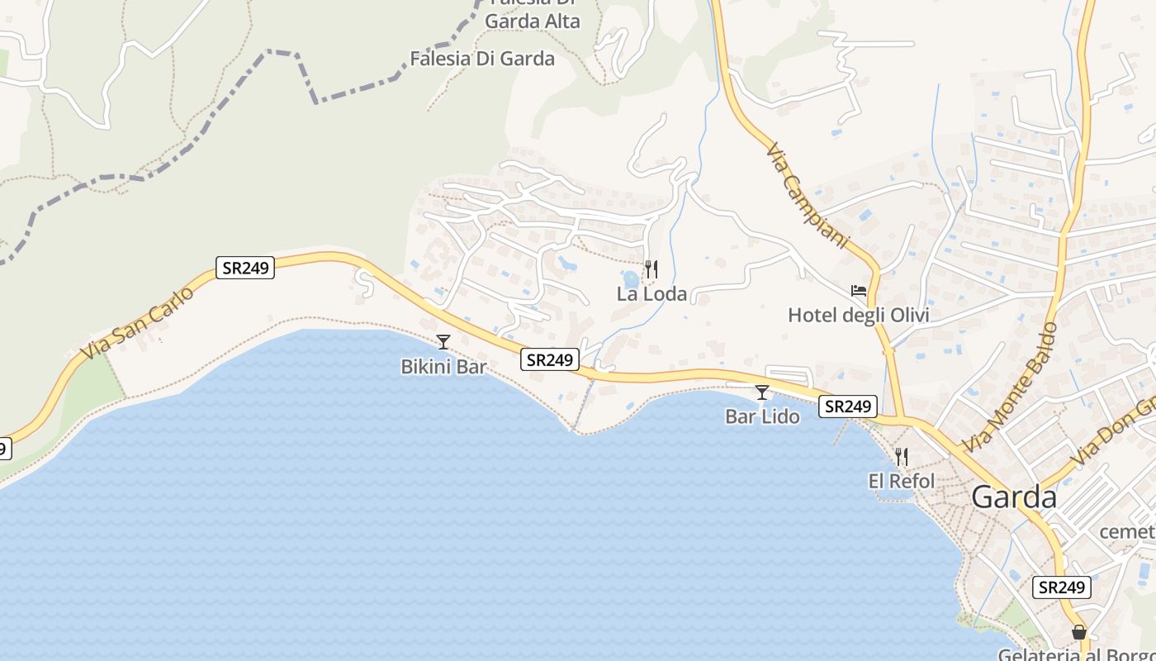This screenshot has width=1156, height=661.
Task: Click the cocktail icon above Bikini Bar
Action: coord(443,341)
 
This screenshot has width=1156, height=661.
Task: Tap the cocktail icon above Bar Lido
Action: coord(762,392)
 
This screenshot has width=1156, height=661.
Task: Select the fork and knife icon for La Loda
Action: coord(651,269)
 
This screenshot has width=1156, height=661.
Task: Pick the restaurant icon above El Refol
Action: coord(901,456)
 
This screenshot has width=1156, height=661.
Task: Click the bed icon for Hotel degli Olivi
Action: coord(859,291)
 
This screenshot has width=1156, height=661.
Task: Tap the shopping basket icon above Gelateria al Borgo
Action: coord(1079,632)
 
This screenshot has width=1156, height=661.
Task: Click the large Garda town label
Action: coord(1014,497)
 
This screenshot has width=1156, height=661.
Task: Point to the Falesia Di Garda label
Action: coord(482,59)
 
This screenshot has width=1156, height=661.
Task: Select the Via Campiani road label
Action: coord(808,197)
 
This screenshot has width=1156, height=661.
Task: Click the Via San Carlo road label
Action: coord(137,323)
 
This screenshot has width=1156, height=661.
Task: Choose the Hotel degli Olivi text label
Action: coord(859,315)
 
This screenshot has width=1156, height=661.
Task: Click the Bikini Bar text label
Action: coord(443,366)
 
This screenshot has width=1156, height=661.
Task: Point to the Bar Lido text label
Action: coord(762,416)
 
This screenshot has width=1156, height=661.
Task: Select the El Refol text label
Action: coord(901,481)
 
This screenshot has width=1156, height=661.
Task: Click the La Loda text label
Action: coord(651,294)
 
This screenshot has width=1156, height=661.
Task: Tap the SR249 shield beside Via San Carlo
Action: coord(245,268)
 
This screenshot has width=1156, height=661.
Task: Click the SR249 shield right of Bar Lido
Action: coord(848,407)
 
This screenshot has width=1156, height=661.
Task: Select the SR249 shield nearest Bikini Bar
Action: coord(550,359)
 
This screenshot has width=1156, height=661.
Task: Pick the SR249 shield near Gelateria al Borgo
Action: coord(1061,587)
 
